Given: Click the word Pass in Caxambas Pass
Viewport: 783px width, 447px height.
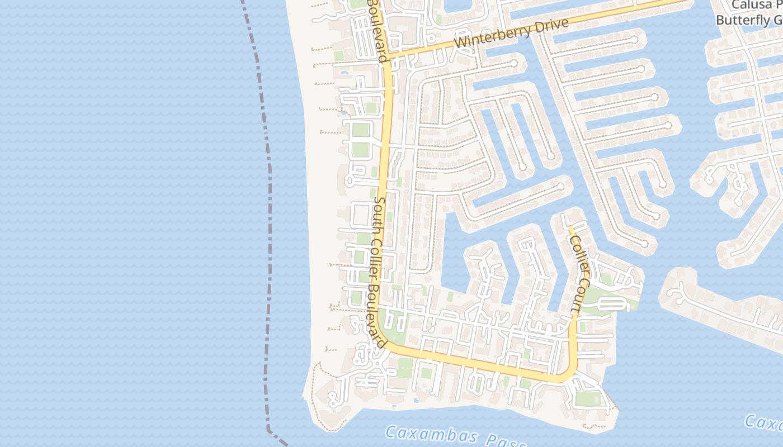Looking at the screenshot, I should [507, 441].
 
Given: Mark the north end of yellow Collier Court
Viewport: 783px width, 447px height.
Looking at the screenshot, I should [570, 227].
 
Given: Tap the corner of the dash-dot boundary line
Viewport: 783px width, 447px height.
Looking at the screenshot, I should [268, 430].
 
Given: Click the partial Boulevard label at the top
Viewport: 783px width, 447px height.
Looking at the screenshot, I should [378, 31].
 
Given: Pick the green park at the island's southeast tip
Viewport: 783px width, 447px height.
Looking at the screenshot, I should [588, 398].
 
